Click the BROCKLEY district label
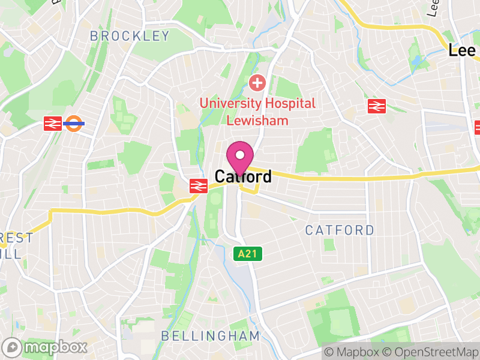[x=130, y=36]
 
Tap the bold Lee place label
[x=462, y=51]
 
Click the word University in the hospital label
[x=228, y=103]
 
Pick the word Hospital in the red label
[x=287, y=103]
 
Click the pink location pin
[x=240, y=158]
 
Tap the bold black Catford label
[x=243, y=177]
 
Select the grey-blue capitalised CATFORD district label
[x=340, y=230]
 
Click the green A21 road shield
[x=247, y=254]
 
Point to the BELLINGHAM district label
[x=211, y=336]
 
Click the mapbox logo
[x=46, y=347]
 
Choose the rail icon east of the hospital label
[x=376, y=106]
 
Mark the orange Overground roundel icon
[x=74, y=124]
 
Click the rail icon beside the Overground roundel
[x=53, y=124]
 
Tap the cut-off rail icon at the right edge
[x=478, y=127]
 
